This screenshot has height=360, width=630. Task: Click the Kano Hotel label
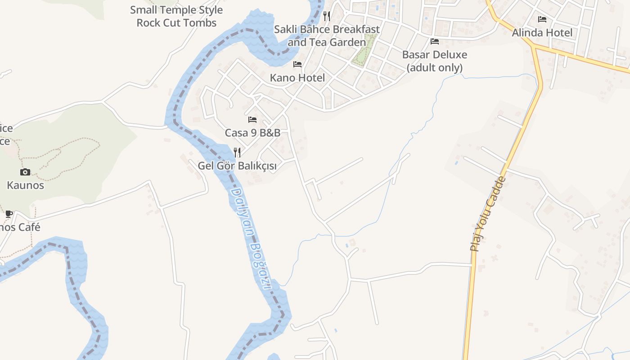pos(297,78)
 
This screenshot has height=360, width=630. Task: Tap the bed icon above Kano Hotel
pos(297,64)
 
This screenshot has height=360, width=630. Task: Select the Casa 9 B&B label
pos(252,133)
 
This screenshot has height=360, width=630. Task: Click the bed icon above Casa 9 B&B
pos(252,120)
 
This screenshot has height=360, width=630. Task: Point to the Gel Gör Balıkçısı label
pos(237,166)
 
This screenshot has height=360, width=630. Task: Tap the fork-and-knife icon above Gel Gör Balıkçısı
pos(237,153)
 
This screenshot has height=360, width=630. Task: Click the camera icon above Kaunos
pos(25,172)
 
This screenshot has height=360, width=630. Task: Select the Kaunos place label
pos(25,185)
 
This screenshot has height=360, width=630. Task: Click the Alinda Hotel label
pos(542,33)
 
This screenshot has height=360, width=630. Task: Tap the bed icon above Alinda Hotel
pos(542,19)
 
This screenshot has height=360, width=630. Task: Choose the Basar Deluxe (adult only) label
pos(435,61)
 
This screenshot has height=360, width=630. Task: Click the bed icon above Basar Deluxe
pos(435,41)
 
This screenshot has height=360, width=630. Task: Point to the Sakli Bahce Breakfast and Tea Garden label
pos(327,36)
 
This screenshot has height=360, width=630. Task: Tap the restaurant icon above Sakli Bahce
pos(327,16)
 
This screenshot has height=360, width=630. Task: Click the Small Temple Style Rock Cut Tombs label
pos(176,16)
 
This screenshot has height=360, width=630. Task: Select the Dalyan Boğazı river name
pos(251,238)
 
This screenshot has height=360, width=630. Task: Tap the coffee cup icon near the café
pos(9,214)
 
